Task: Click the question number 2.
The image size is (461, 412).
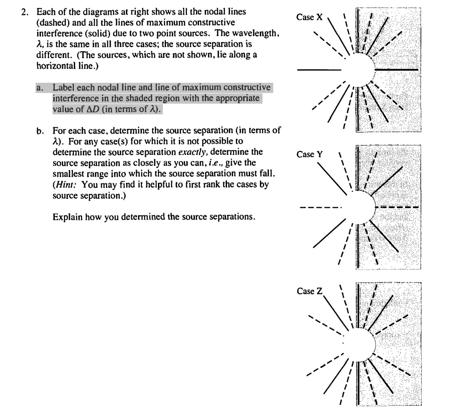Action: pyautogui.click(x=25, y=12)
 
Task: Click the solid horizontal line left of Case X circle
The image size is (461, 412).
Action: pyautogui.click(x=319, y=70)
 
